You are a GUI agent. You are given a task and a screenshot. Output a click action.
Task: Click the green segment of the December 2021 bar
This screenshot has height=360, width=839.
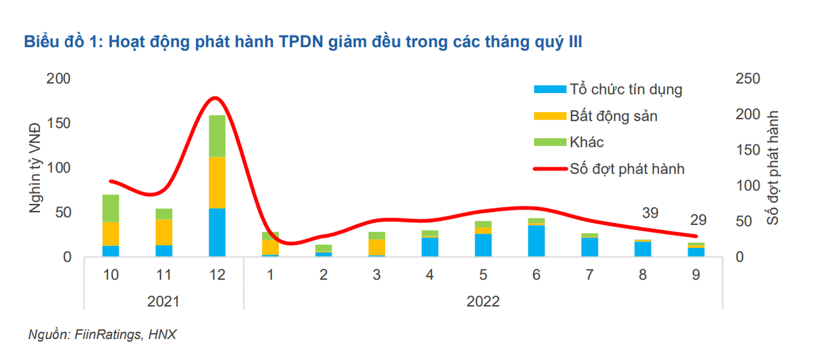tap(216, 136)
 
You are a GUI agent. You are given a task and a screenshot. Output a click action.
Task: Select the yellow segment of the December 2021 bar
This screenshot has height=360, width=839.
tap(216, 182)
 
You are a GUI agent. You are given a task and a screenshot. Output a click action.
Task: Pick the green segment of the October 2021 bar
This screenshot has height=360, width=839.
tap(111, 209)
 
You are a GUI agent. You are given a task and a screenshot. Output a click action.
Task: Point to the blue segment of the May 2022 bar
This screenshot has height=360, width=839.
tap(483, 245)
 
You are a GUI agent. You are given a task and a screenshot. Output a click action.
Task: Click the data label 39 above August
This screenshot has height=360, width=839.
tap(650, 213)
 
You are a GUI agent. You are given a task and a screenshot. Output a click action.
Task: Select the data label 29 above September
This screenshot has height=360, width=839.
tap(698, 220)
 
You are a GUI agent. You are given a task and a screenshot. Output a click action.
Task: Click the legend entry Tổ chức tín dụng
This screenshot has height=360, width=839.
tap(626, 89)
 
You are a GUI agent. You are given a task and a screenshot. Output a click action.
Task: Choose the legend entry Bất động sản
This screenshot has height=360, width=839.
tap(613, 116)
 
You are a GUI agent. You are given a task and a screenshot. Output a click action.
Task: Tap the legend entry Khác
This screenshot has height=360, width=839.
tap(587, 142)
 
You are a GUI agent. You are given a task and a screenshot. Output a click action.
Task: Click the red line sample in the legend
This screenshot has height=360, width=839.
tap(550, 169)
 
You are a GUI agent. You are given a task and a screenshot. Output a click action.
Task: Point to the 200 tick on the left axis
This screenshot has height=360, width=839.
tap(58, 79)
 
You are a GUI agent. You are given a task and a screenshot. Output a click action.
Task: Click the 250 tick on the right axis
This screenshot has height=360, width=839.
tap(748, 79)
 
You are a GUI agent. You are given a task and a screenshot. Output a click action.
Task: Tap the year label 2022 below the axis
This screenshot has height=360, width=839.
tap(483, 302)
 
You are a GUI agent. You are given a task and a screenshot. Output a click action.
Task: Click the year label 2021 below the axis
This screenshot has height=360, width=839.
tap(163, 302)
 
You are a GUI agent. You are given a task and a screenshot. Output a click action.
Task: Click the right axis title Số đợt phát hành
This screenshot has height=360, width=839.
tap(774, 167)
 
